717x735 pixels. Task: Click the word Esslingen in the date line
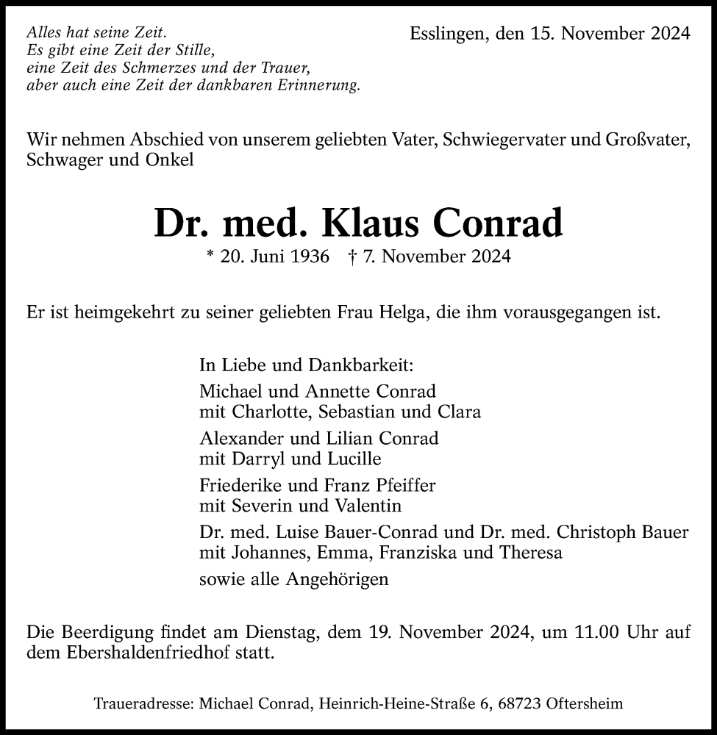[443, 34]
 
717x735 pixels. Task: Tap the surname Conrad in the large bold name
[499, 223]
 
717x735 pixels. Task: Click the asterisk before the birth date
[211, 257]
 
